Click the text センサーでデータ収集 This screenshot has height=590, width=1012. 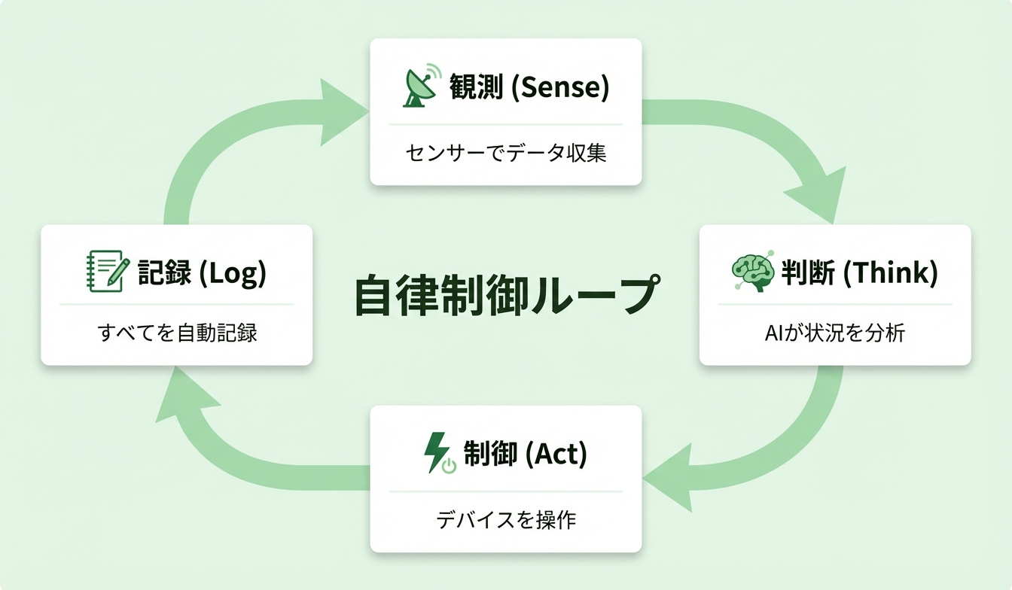[x=505, y=154]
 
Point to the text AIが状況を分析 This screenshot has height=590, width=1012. [x=834, y=333]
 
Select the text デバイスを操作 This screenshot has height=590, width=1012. [x=506, y=520]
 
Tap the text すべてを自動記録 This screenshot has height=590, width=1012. [x=178, y=333]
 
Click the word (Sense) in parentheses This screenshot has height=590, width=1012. [x=559, y=88]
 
